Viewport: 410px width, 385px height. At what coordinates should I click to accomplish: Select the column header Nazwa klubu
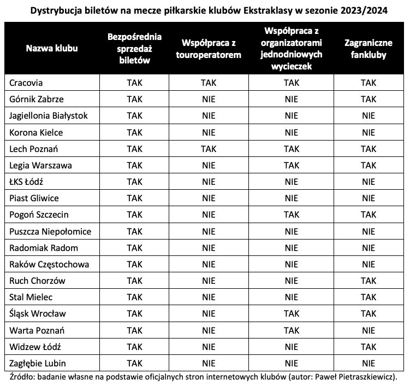tap(52, 48)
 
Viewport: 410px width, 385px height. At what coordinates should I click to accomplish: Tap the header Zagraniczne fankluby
tap(369, 48)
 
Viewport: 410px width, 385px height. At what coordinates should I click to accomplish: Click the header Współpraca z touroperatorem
tap(209, 48)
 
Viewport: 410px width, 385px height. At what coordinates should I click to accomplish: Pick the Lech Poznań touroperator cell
tap(209, 149)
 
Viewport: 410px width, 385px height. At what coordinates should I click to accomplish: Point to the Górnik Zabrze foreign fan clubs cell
tap(369, 99)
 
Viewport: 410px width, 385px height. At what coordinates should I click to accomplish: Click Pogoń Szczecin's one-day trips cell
tap(291, 214)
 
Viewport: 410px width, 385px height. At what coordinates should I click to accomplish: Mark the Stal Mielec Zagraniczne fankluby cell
tap(369, 297)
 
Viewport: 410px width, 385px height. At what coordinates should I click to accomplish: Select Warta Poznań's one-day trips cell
tap(291, 330)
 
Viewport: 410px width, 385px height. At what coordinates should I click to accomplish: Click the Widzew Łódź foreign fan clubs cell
tap(369, 346)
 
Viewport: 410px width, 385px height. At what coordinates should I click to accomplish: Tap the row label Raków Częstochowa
tap(48, 264)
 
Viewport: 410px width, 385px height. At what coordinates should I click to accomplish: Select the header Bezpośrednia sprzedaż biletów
tap(134, 48)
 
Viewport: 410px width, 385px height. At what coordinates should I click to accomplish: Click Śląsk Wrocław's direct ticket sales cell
tap(134, 313)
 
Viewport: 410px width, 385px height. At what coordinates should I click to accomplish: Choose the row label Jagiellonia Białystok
tap(49, 115)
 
